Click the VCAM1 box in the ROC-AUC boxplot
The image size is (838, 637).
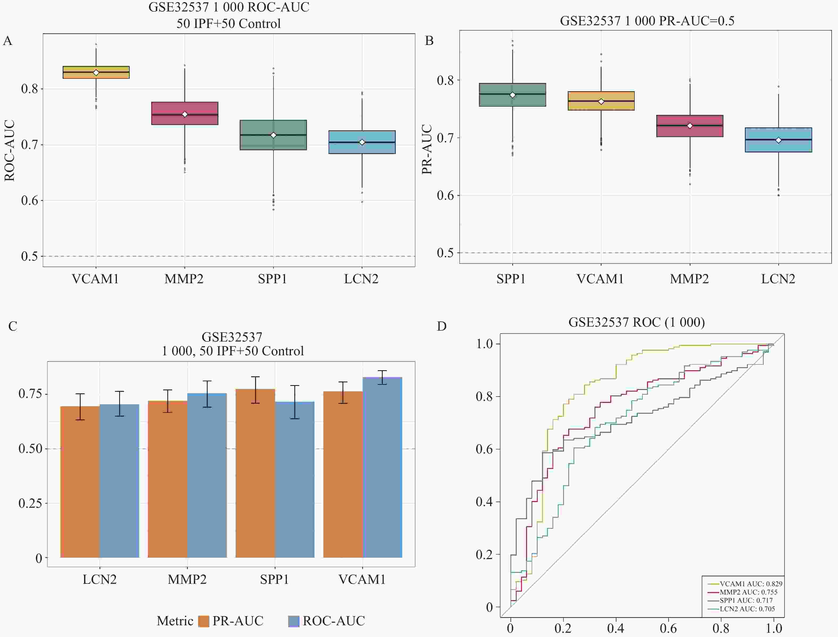(96, 72)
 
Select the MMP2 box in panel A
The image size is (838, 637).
(185, 113)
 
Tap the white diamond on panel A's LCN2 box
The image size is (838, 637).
(362, 142)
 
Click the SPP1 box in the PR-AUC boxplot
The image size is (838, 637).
(512, 95)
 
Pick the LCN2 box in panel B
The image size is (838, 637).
(778, 140)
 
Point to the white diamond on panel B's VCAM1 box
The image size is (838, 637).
(601, 102)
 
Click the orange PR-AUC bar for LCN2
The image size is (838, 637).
(80, 482)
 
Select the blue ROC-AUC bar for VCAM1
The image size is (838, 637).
(382, 467)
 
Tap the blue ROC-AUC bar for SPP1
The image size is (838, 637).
(294, 480)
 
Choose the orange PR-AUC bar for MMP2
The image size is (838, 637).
(168, 479)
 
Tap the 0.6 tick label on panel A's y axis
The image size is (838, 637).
(30, 201)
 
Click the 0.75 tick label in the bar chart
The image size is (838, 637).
(30, 394)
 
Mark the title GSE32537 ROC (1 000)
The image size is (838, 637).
(637, 322)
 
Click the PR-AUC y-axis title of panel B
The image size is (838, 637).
(427, 149)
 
